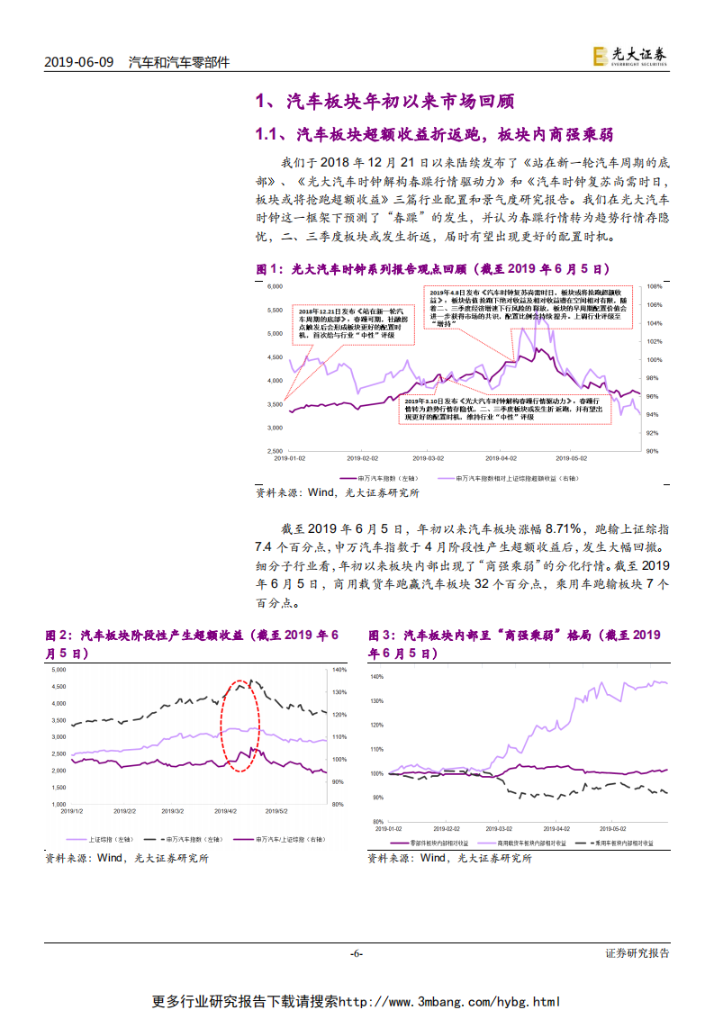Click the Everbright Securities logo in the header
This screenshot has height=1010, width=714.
coord(630,56)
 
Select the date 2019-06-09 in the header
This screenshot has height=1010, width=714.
coord(78,62)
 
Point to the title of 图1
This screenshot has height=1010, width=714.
coord(433,268)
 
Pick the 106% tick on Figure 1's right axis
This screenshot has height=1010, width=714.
coord(655,304)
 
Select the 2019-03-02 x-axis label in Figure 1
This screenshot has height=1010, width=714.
coord(429,457)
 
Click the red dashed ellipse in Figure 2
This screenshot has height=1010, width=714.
coord(240,725)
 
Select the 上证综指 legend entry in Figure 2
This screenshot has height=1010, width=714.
coord(90,839)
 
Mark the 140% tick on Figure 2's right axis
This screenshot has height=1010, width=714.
coord(339,670)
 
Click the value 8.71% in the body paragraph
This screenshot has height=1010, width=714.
coord(565,528)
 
